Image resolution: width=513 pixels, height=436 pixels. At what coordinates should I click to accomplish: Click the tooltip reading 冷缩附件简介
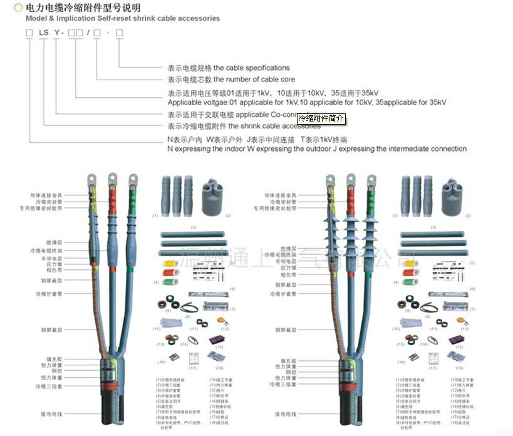point(320,118)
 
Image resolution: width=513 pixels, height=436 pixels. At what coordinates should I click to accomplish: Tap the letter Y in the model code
point(56,32)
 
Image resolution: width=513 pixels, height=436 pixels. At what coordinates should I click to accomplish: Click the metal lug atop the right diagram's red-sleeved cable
point(350,182)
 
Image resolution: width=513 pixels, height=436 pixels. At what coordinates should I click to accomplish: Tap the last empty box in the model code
point(120,32)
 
